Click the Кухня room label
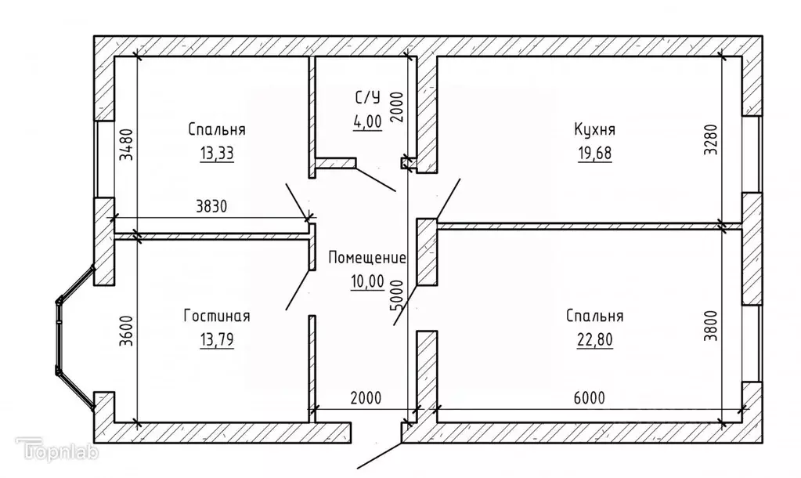point(594,129)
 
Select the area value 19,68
point(594,153)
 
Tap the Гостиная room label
point(217,316)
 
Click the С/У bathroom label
point(367,98)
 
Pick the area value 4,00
point(367,121)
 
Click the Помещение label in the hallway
point(367,258)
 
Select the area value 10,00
point(367,281)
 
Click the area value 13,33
point(217,153)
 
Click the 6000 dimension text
point(588,398)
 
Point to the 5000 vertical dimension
point(396,295)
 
